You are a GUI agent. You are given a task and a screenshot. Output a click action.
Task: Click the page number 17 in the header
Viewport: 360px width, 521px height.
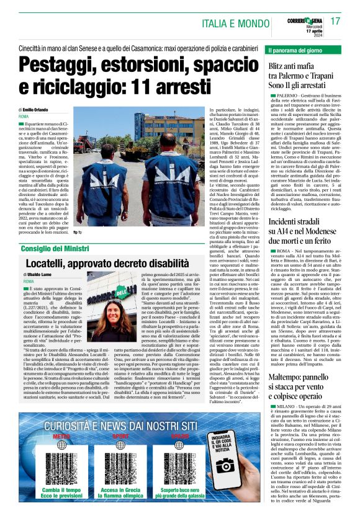click(336, 21)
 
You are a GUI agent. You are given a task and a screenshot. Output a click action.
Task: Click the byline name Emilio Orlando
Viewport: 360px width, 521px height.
click(41, 109)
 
